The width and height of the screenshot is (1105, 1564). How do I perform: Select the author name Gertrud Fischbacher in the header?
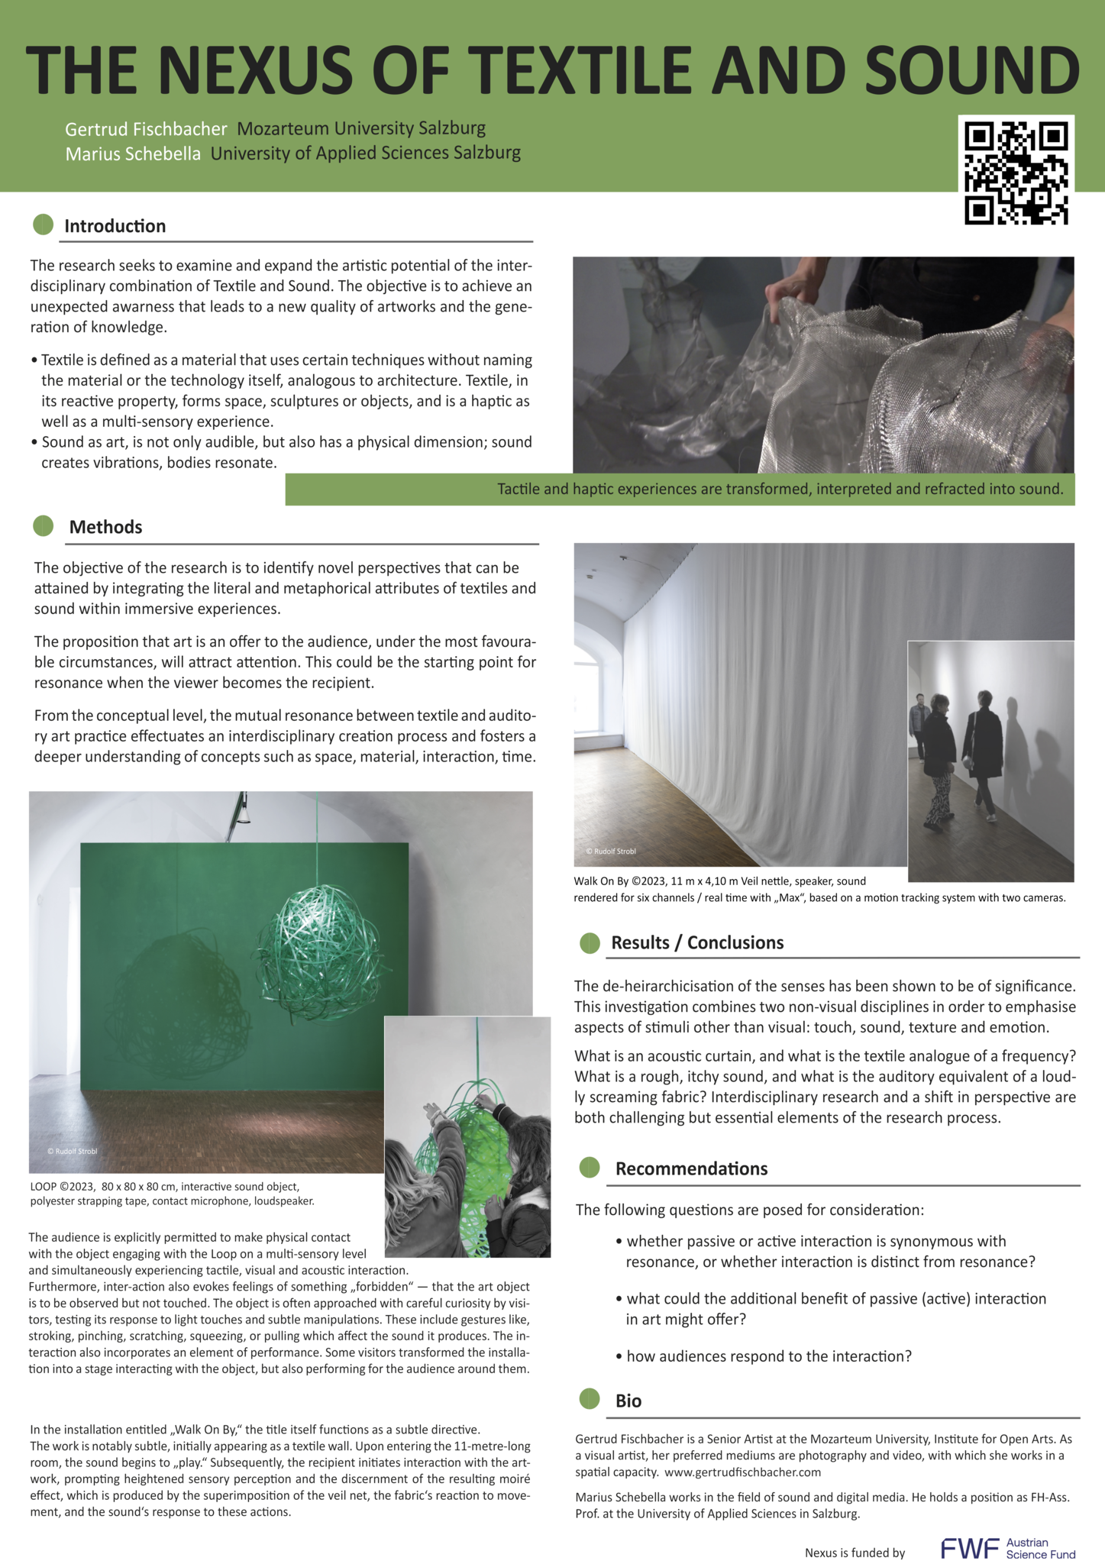[146, 129]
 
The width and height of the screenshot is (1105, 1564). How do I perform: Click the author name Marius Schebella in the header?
[133, 153]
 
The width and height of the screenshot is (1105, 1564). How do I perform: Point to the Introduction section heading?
[115, 226]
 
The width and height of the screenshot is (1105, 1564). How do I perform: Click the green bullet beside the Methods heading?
[44, 525]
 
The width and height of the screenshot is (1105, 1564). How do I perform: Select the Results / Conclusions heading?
[696, 942]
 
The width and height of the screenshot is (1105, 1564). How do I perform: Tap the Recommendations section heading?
[691, 1168]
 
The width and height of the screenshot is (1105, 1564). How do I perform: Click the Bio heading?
[628, 1401]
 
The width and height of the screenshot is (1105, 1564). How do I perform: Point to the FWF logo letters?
[969, 1548]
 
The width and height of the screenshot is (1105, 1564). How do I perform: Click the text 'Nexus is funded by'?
[855, 1553]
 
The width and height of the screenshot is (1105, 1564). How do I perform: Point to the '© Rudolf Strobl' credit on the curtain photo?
[610, 851]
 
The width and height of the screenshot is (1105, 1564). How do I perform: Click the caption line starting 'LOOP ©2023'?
[165, 1187]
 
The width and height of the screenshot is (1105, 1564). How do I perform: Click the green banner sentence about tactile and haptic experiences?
[780, 489]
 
